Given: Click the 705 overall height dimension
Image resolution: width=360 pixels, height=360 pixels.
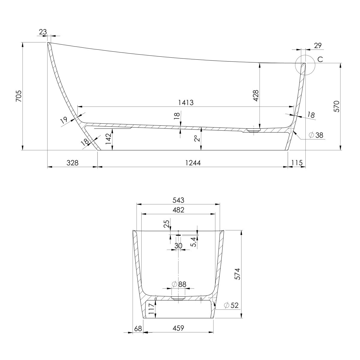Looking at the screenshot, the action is click(x=19, y=96).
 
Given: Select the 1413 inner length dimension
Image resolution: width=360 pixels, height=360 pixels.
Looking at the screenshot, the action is click(x=186, y=103).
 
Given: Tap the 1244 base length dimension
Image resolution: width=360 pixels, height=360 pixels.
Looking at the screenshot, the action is click(x=193, y=163).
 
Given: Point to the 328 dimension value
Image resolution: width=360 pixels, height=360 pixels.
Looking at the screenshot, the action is click(x=73, y=163).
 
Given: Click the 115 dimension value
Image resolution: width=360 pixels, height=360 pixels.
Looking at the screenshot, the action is click(x=297, y=163).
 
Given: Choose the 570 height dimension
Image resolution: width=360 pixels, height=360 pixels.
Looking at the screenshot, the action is click(x=336, y=106).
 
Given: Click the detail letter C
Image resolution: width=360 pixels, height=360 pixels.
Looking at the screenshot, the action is click(x=320, y=59).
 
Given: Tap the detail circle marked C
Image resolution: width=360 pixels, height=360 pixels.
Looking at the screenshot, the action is click(x=305, y=65).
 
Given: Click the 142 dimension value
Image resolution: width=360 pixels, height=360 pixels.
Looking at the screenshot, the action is click(x=109, y=139).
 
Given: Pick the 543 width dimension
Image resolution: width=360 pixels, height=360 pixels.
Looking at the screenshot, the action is click(x=178, y=200).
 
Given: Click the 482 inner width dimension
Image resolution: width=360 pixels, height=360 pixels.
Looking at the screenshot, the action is click(x=178, y=210).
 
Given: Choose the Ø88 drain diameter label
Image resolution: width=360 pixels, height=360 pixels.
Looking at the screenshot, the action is click(x=179, y=284).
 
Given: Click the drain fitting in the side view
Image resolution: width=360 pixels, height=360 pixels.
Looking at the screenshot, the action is click(x=253, y=130).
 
